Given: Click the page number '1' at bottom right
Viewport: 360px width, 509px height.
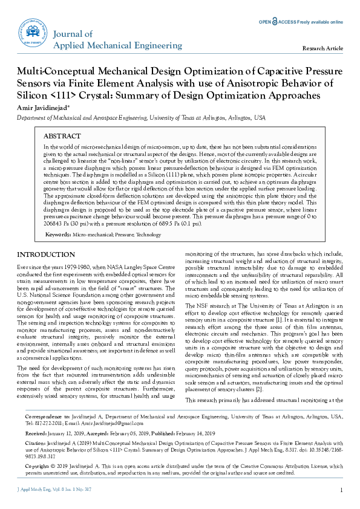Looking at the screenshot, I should point(342,490).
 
